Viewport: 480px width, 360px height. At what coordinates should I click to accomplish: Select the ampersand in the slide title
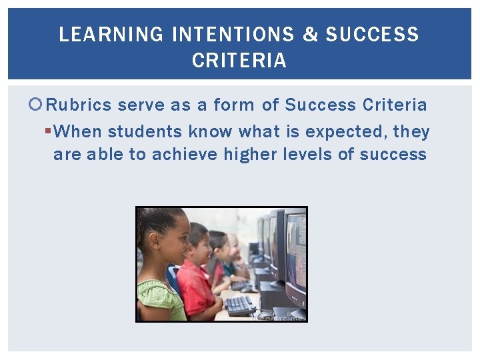(x=311, y=35)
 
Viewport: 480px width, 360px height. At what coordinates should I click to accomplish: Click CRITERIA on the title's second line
(x=239, y=61)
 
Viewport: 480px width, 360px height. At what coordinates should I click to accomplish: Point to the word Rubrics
(x=80, y=105)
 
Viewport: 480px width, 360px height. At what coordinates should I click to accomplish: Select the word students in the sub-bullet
(x=145, y=131)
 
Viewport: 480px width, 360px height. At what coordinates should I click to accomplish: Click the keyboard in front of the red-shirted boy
(x=241, y=305)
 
